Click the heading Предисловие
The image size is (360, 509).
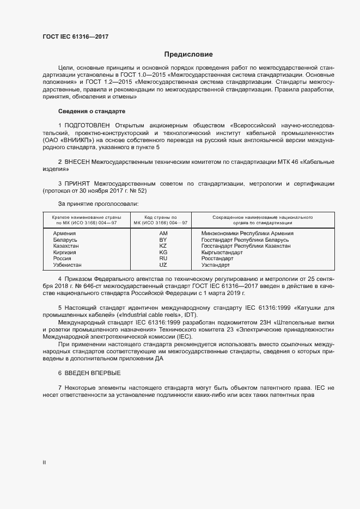(x=188, y=54)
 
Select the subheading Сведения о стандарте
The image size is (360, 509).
(x=91, y=112)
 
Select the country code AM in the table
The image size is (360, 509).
(x=163, y=234)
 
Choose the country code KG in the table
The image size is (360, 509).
(x=163, y=253)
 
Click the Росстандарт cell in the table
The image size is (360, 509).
(x=217, y=259)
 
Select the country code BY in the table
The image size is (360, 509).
(x=163, y=240)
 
